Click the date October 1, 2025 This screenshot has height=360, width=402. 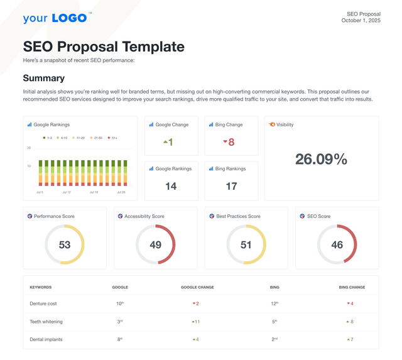(361, 21)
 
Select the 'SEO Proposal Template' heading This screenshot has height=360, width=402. (104, 46)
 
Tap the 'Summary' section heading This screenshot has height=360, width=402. (43, 78)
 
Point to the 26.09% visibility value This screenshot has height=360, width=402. (321, 160)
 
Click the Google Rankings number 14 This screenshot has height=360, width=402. (171, 186)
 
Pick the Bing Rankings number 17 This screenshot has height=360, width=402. (231, 186)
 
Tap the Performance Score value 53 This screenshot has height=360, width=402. (65, 244)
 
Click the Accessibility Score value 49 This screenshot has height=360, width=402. (155, 244)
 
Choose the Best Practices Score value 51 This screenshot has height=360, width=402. (246, 244)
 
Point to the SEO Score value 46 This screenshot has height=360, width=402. (337, 244)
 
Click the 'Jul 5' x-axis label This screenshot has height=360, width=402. (40, 192)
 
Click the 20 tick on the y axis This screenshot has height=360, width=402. (29, 148)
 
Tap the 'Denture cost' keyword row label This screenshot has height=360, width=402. (43, 303)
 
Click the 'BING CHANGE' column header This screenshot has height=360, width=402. (352, 287)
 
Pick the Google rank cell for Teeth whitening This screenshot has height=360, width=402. (119, 321)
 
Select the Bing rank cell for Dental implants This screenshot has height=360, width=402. (274, 339)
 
